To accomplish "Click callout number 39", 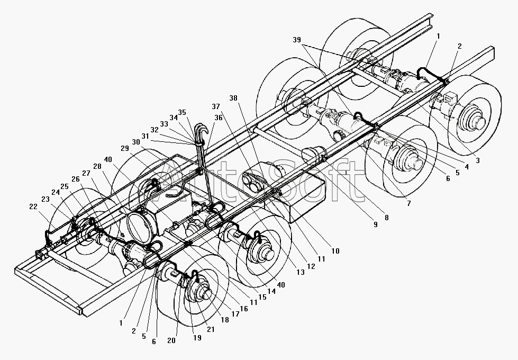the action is (297, 40).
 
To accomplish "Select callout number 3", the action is (478, 161).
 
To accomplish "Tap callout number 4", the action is (467, 167).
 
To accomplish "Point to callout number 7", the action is (408, 204).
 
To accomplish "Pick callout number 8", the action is (387, 218).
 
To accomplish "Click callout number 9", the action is (375, 224).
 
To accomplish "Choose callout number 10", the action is (335, 251).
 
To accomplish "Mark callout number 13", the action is (301, 272).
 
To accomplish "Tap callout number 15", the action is (262, 297).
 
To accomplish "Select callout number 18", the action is (225, 320).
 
